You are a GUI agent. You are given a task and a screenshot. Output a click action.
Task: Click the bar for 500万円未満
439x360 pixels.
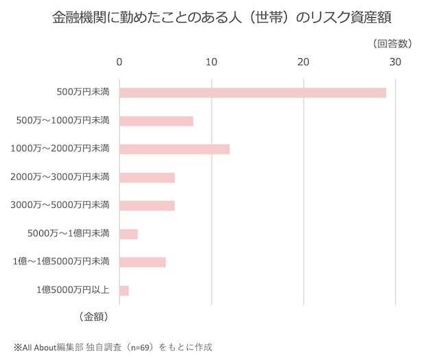point(252,93)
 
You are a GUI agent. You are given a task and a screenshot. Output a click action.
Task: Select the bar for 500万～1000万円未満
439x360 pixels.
point(156,121)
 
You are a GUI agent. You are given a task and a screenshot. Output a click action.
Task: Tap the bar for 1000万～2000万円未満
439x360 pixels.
point(174,149)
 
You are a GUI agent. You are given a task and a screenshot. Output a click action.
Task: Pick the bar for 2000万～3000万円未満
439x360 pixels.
point(147,178)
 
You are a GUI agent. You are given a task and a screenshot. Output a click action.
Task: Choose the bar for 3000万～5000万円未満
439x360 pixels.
point(147,205)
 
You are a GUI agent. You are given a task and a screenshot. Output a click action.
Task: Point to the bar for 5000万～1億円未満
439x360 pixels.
point(129,234)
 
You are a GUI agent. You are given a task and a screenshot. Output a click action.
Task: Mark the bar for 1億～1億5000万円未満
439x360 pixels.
point(143,261)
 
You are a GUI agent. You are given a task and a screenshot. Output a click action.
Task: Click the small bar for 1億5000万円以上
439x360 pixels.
point(124,290)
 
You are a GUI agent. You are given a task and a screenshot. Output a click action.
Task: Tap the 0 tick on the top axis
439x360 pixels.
point(120,62)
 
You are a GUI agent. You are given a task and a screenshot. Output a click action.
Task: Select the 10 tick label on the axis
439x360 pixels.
point(211,62)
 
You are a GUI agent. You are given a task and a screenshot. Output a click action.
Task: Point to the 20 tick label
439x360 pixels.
point(302,62)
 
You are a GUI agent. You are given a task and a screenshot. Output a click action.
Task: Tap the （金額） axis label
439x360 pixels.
point(89,317)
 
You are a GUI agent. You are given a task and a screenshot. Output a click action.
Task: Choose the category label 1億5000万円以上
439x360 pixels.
point(73,290)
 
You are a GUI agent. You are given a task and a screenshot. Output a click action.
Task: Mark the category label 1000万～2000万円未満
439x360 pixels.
point(60,149)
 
